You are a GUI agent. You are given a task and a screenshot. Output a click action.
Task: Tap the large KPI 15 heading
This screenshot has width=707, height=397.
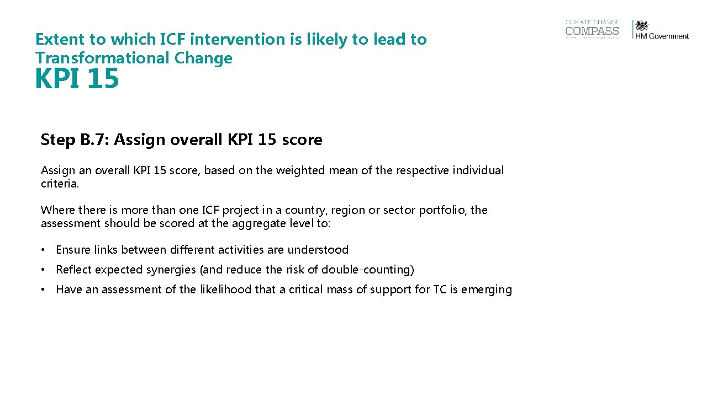pyautogui.click(x=77, y=79)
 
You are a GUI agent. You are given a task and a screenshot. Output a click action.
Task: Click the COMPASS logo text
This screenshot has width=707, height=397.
pyautogui.click(x=592, y=31)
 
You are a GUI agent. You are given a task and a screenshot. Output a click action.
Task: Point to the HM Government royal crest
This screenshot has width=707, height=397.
pyautogui.click(x=642, y=25)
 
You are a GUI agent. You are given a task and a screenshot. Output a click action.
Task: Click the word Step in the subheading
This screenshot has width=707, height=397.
pyautogui.click(x=58, y=140)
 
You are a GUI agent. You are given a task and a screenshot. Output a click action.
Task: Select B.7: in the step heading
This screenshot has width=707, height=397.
pyautogui.click(x=94, y=140)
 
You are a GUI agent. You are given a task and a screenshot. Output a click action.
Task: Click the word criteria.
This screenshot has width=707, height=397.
pyautogui.click(x=60, y=184)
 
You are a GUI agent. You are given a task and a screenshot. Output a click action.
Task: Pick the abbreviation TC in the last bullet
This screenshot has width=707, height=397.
pyautogui.click(x=439, y=289)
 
